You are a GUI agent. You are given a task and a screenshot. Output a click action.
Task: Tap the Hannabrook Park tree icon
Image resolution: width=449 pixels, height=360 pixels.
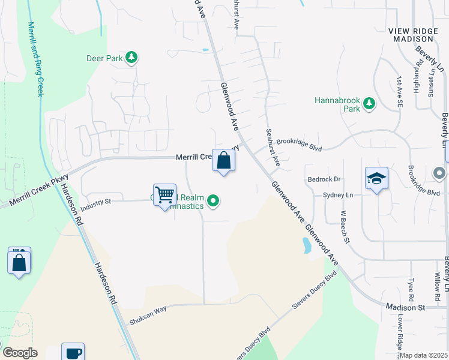[369, 105]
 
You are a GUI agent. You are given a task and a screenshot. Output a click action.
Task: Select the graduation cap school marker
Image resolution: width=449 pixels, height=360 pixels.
[376, 178]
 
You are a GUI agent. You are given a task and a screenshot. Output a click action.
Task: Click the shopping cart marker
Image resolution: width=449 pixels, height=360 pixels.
[164, 195]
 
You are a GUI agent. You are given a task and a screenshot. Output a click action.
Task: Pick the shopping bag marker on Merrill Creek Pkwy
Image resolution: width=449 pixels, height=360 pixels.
[223, 161]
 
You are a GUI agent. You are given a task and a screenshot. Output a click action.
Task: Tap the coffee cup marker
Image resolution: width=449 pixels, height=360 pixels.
[73, 352]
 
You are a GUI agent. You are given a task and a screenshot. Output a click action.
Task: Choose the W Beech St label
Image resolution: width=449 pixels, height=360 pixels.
[344, 227]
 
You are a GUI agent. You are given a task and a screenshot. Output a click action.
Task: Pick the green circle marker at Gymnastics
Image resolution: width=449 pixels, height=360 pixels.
[213, 201]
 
